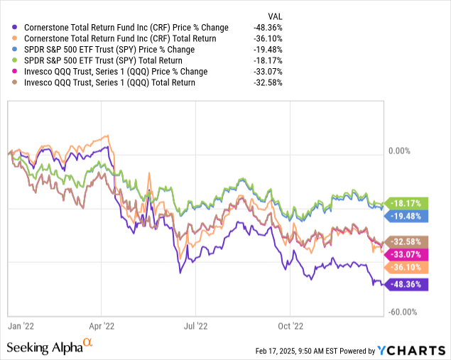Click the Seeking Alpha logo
coord(48,348)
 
